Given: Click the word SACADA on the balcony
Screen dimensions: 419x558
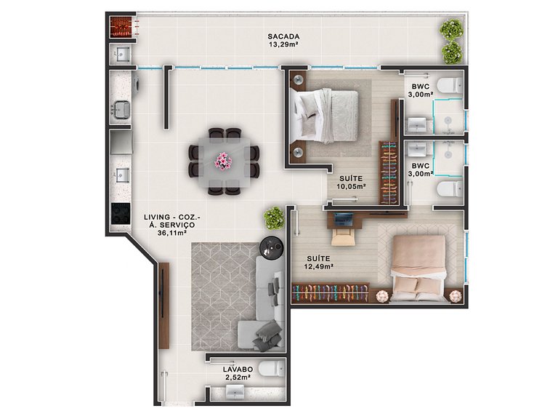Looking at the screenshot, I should tap(283, 36).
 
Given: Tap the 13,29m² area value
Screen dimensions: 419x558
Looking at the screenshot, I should tap(283, 44).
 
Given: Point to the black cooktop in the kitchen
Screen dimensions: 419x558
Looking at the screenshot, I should tap(120, 214).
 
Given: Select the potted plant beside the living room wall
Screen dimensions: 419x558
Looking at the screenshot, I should tap(274, 218).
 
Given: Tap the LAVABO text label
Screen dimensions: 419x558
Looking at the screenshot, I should tap(237, 369).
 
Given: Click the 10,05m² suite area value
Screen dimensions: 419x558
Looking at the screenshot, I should tap(352, 185).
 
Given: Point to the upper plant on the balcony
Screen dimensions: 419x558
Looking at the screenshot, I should tap(451, 30).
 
